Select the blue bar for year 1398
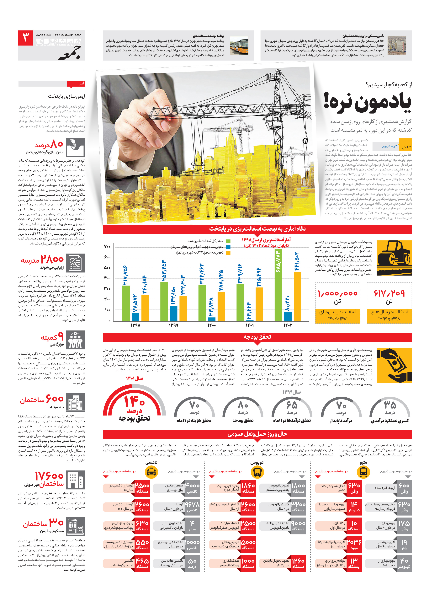click(x=135, y=317)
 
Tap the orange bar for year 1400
click(x=221, y=306)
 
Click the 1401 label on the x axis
click(x=250, y=325)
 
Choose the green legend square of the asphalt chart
click(x=228, y=241)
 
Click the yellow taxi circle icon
click(x=151, y=472)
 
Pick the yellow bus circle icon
click(x=257, y=472)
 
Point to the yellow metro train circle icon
click(x=363, y=472)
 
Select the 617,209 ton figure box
click(x=389, y=303)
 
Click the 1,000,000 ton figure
click(x=337, y=293)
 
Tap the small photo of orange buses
click(x=239, y=45)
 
